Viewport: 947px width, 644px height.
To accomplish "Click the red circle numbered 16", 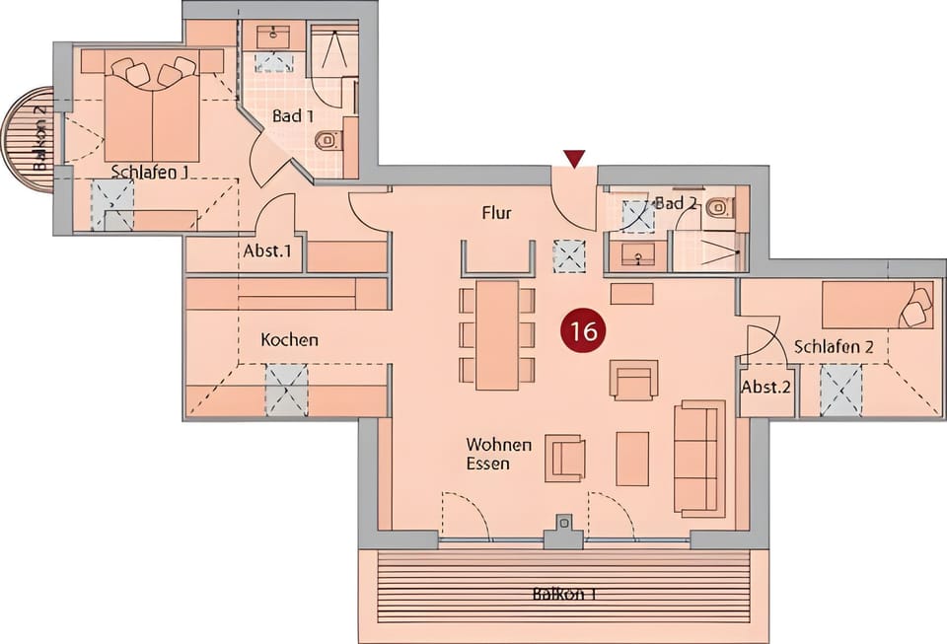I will coord(583,330).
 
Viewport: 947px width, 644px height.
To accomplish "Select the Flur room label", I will coord(496,212).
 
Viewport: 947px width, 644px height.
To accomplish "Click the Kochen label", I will coord(289,340).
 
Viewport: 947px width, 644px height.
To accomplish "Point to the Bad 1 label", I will coord(293,116).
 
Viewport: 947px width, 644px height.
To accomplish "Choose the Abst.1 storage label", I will coord(267,250).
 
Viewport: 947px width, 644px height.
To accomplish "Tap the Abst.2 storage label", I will coord(765,387).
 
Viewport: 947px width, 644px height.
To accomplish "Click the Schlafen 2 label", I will coord(834,347).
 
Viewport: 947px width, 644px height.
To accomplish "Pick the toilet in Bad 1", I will coord(328,141).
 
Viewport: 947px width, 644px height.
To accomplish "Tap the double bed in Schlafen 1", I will coord(152,108).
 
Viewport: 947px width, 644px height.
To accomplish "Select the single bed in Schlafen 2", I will coord(876,305).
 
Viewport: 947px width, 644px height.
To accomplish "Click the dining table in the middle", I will coord(497,334).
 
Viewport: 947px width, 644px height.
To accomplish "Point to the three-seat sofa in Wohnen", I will coord(699,459).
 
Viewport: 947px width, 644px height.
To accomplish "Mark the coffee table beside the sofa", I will coord(632,458).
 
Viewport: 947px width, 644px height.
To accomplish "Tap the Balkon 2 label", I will coord(39,138).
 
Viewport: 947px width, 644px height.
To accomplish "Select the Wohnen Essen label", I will coord(499,454).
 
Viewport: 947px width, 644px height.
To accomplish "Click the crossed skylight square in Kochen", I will coord(286,391).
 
